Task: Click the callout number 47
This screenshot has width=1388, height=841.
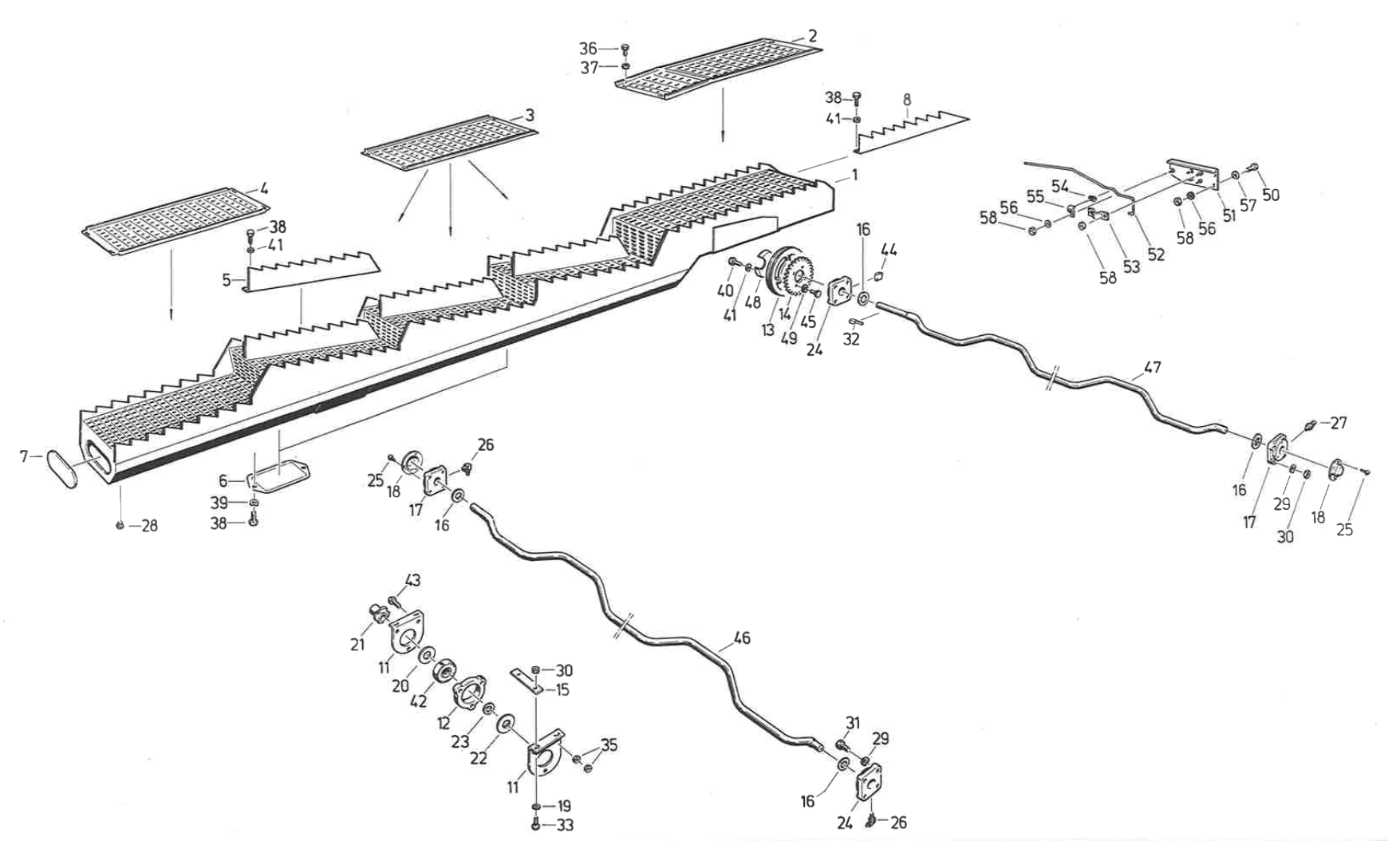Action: click(1152, 368)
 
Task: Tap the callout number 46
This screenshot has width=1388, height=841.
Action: click(741, 638)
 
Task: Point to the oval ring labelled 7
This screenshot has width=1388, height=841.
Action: click(63, 469)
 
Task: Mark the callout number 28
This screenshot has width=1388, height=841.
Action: click(149, 526)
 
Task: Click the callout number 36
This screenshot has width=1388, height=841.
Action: click(588, 49)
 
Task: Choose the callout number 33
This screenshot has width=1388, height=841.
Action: click(565, 825)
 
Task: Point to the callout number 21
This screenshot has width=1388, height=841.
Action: click(357, 644)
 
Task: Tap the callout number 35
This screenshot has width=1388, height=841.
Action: click(609, 745)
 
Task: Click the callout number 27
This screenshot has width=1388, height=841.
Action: click(1339, 423)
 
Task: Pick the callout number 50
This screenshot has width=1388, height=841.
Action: click(1271, 195)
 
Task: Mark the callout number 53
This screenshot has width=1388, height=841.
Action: click(1131, 267)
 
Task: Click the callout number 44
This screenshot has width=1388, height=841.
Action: click(889, 251)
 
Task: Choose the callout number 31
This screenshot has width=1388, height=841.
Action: click(853, 723)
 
